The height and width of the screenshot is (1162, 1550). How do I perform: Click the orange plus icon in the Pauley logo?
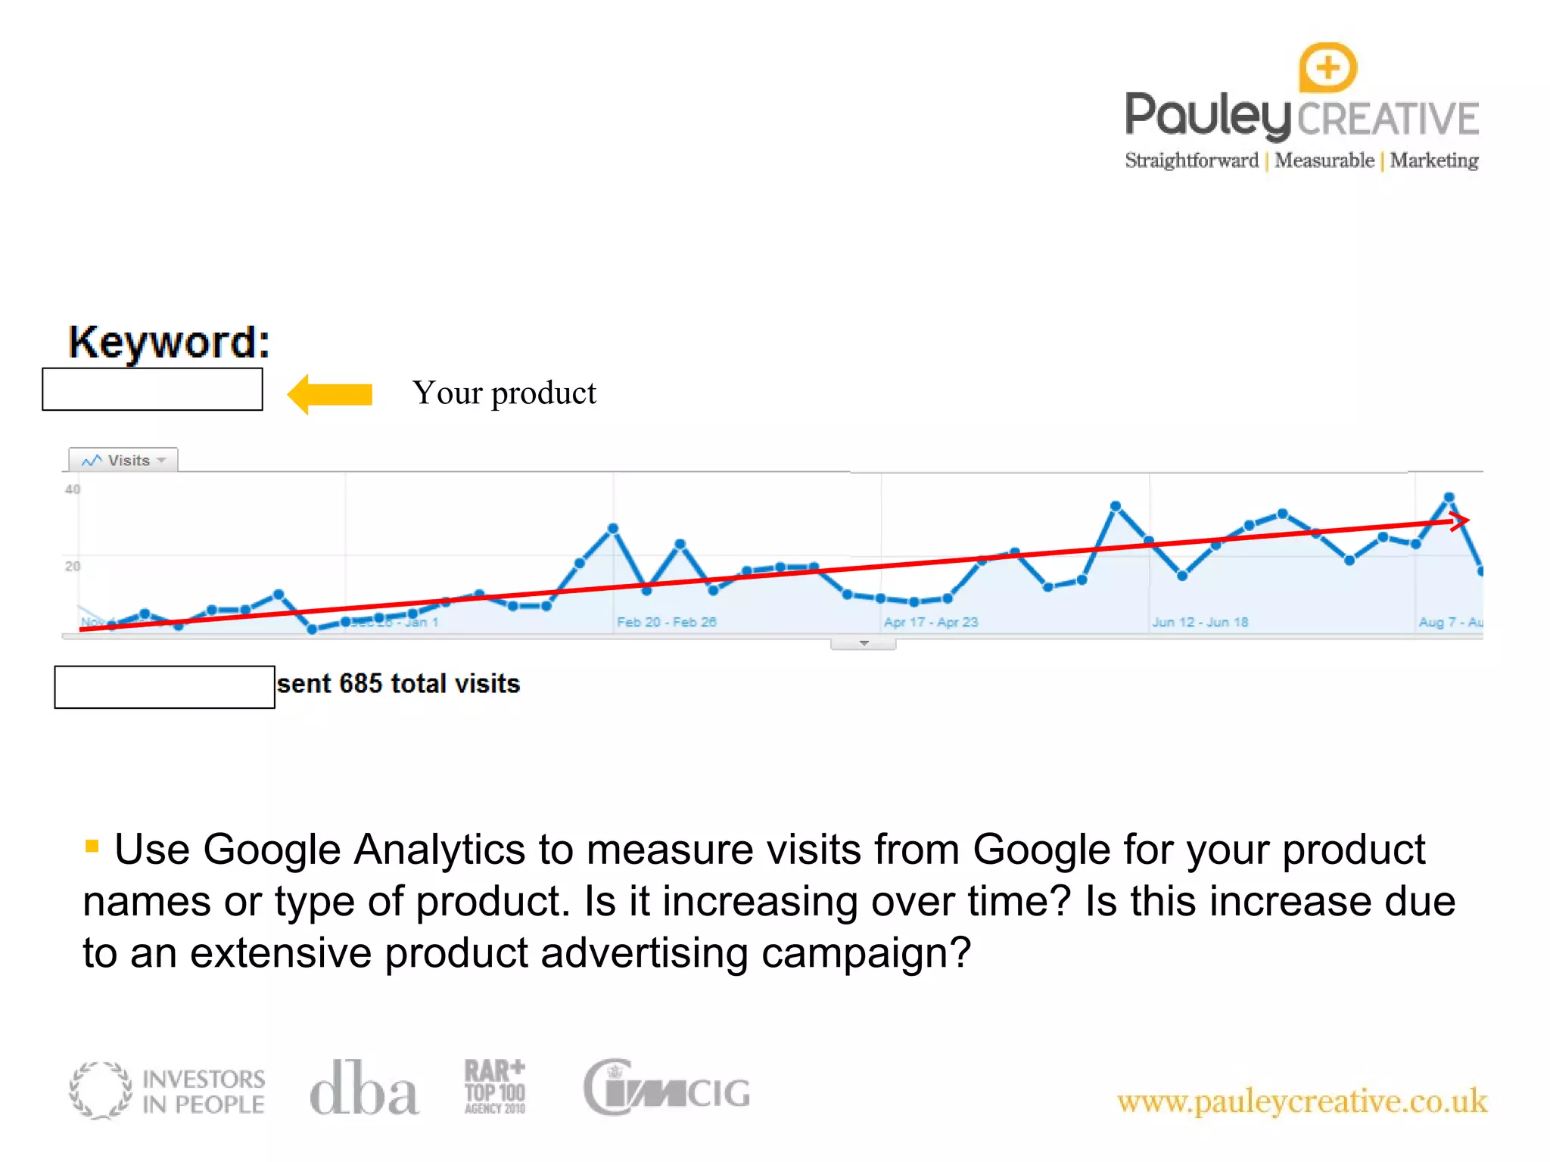pyautogui.click(x=1327, y=68)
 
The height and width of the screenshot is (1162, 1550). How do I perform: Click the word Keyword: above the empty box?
pyautogui.click(x=169, y=342)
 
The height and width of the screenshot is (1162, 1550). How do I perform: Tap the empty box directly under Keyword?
pyautogui.click(x=152, y=390)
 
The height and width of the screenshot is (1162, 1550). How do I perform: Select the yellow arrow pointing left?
pyautogui.click(x=330, y=394)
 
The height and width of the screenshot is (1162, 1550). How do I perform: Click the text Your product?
pyautogui.click(x=504, y=393)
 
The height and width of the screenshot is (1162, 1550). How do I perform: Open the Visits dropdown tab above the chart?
pyautogui.click(x=123, y=460)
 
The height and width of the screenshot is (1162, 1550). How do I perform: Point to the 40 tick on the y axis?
pyautogui.click(x=73, y=489)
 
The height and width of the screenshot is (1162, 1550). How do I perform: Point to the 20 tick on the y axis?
pyautogui.click(x=73, y=566)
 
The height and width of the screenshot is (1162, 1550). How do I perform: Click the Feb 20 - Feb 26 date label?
pyautogui.click(x=666, y=622)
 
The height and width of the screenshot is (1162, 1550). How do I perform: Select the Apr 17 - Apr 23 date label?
pyautogui.click(x=931, y=622)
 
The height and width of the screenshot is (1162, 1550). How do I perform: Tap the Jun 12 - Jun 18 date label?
pyautogui.click(x=1200, y=622)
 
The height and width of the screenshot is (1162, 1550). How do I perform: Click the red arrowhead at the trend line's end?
pyautogui.click(x=1460, y=520)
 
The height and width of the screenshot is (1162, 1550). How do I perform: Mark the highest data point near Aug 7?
pyautogui.click(x=1449, y=497)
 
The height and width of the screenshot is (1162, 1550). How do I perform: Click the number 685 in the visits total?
pyautogui.click(x=360, y=684)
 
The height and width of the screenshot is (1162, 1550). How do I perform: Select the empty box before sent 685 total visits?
pyautogui.click(x=164, y=687)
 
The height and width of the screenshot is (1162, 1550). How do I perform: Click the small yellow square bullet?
pyautogui.click(x=92, y=846)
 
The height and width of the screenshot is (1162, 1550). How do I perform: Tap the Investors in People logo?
pyautogui.click(x=167, y=1090)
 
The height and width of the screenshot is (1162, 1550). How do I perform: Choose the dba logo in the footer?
pyautogui.click(x=364, y=1089)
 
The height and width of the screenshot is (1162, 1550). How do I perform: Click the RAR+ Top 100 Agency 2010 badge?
pyautogui.click(x=495, y=1087)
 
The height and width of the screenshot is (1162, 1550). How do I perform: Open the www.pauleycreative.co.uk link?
pyautogui.click(x=1302, y=1101)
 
